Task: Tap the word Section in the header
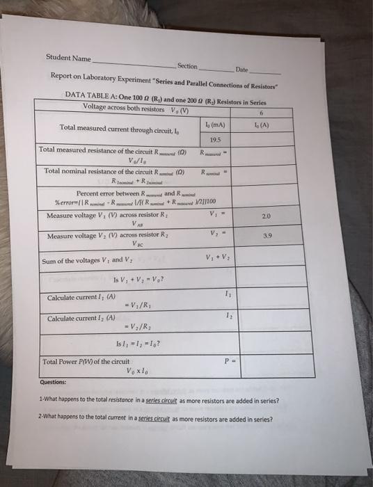click(x=188, y=66)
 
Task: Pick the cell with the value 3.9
click(x=266, y=237)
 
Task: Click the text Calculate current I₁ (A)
click(x=77, y=297)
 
